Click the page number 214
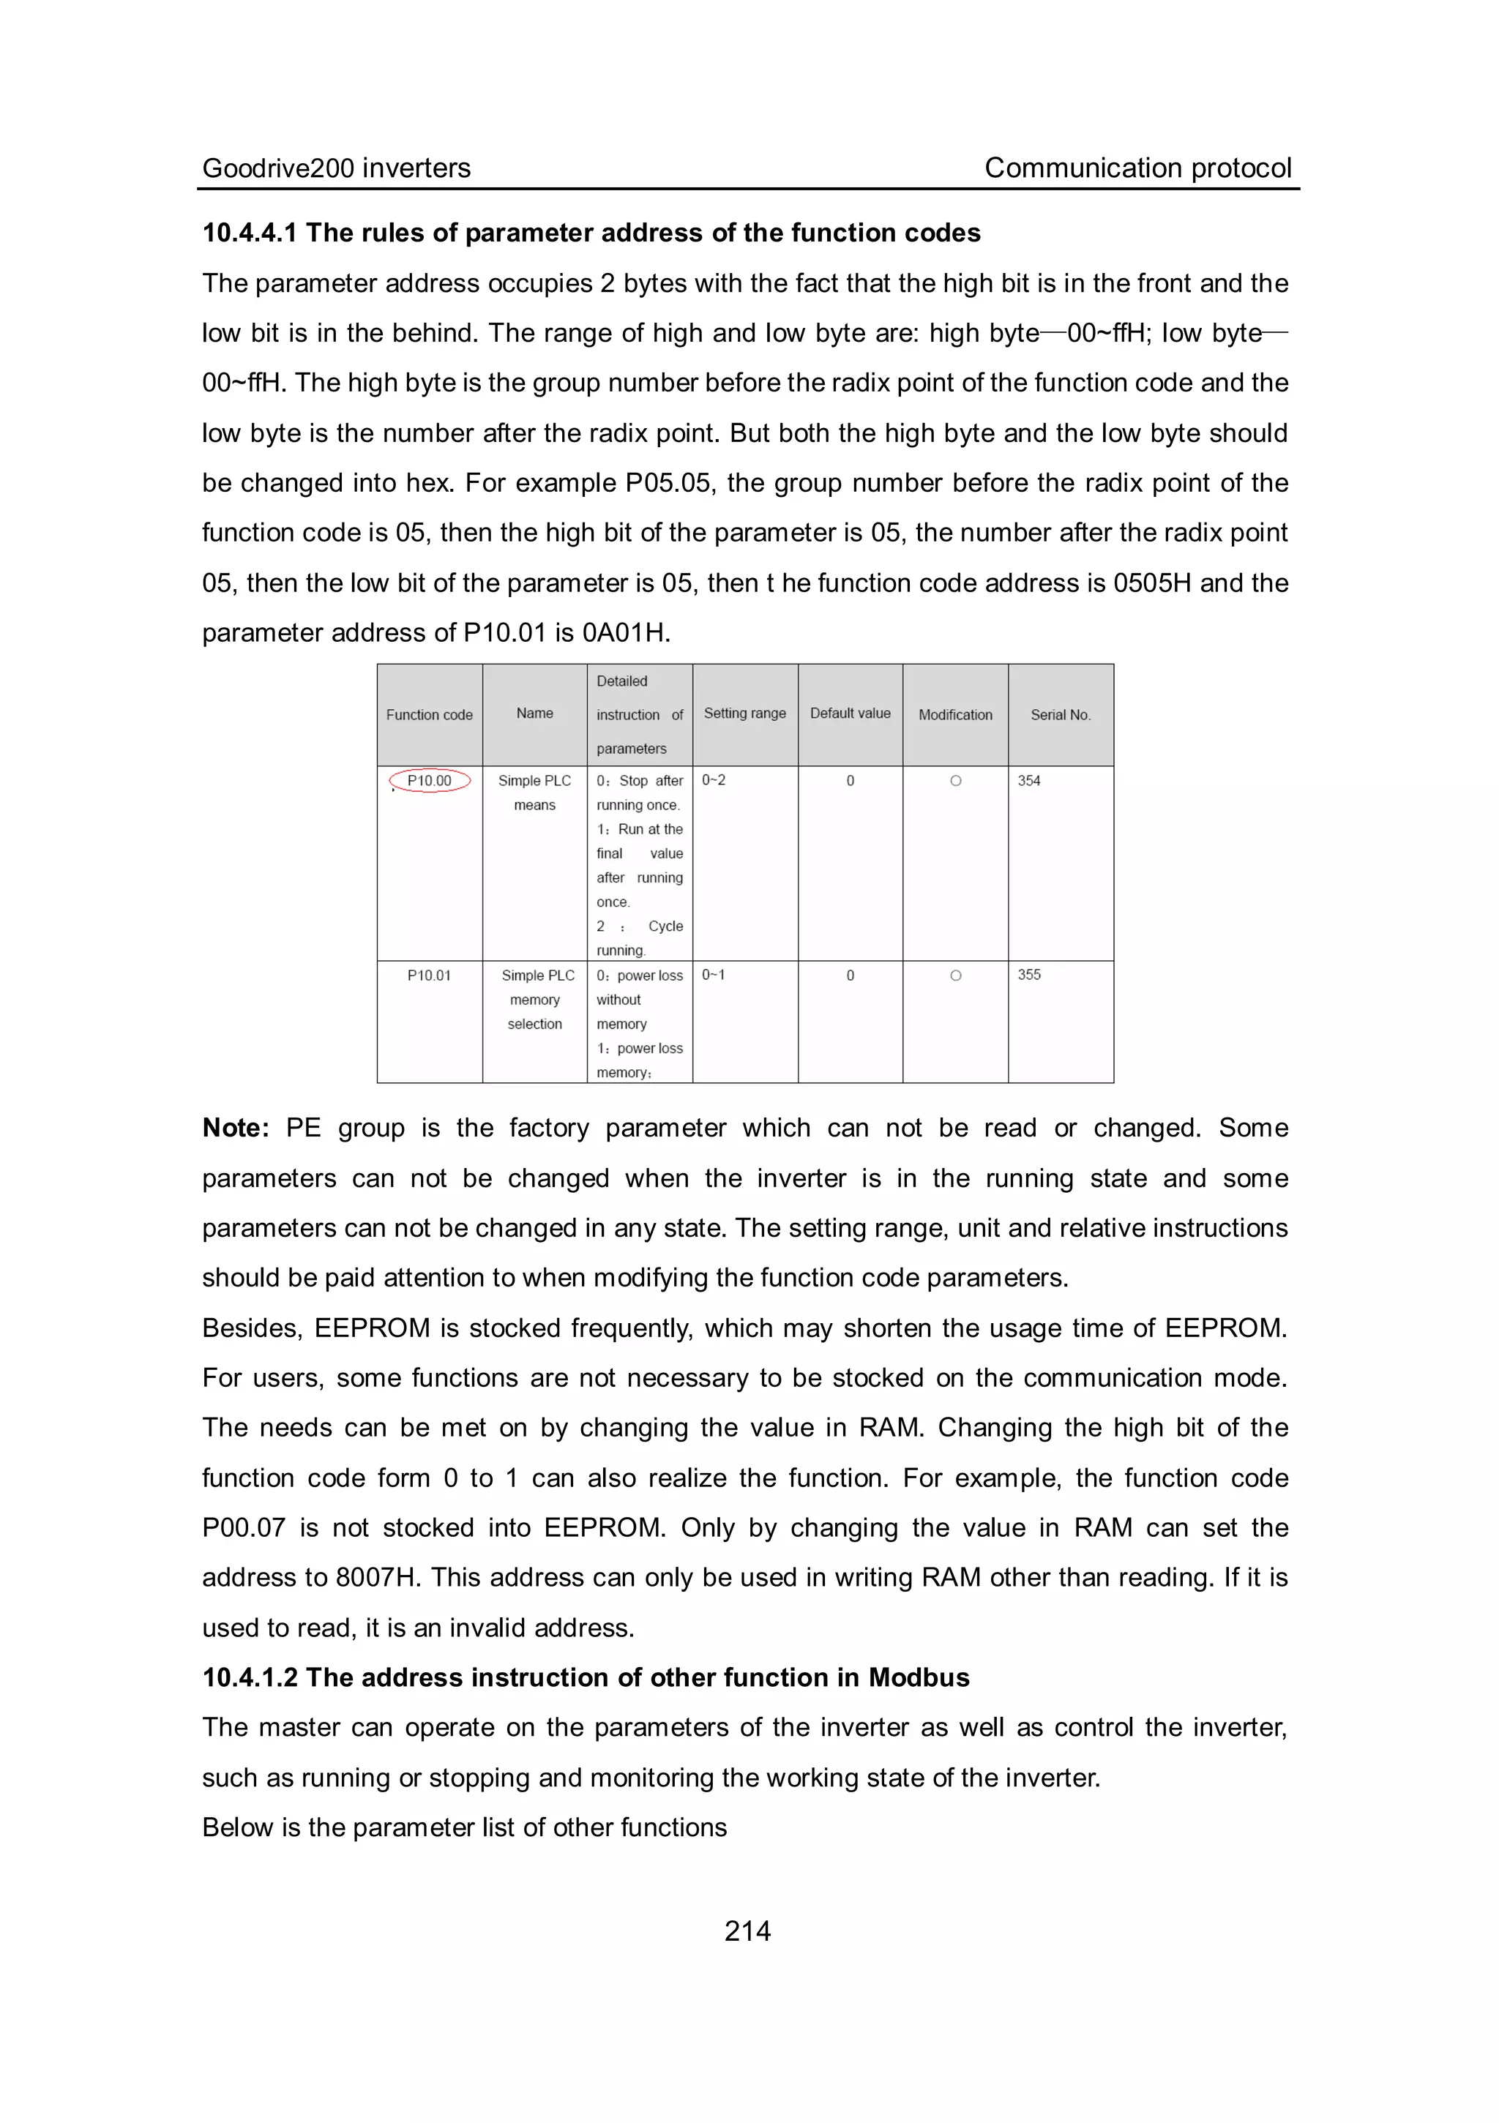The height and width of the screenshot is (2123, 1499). click(747, 1931)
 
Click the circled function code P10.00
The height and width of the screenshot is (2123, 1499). click(430, 780)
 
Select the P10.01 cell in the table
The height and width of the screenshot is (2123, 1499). click(429, 975)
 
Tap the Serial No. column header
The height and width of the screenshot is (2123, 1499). click(1061, 715)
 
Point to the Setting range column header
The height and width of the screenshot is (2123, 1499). click(744, 713)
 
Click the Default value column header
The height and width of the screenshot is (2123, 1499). click(850, 713)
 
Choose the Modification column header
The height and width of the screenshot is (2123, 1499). click(955, 715)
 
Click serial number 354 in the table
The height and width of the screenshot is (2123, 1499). click(1029, 780)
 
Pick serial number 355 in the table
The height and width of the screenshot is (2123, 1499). click(1029, 975)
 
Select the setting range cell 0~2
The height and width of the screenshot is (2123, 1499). click(713, 780)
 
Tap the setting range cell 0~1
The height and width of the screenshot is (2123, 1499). click(713, 975)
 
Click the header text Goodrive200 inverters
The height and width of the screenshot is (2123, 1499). click(337, 168)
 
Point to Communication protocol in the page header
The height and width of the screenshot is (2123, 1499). click(1137, 168)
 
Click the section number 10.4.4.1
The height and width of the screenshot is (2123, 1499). click(250, 233)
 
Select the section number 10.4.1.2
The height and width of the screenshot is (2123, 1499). click(250, 1677)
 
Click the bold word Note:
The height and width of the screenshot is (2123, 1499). click(236, 1128)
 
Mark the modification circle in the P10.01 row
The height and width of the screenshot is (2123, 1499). click(955, 976)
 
